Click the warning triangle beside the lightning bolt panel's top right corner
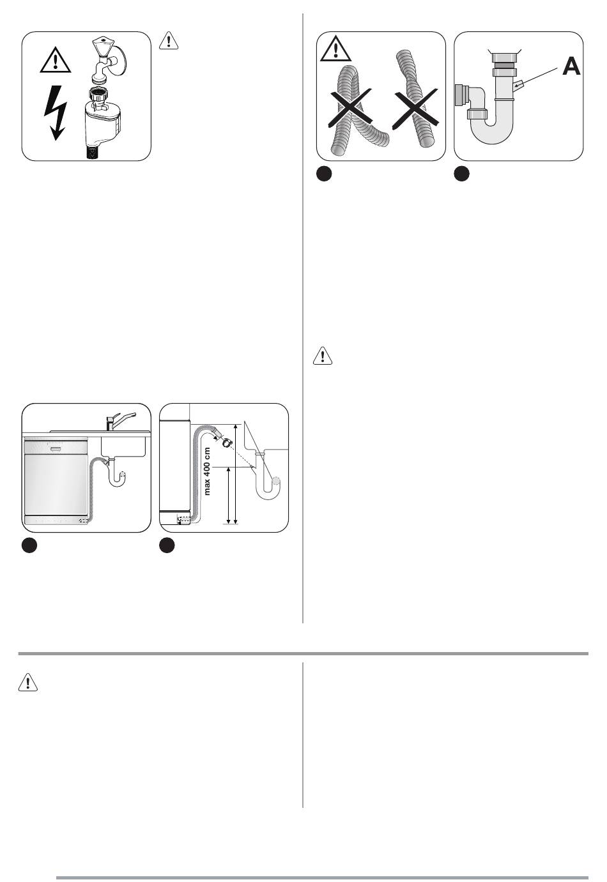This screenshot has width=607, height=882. click(x=169, y=40)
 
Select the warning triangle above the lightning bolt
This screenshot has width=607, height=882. click(x=56, y=60)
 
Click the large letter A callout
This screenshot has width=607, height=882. click(x=571, y=66)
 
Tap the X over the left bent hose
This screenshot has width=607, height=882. click(x=350, y=107)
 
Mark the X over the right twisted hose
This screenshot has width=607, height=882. click(x=415, y=107)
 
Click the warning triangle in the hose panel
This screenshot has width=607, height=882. click(x=335, y=49)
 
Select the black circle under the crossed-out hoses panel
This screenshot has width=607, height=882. click(x=324, y=174)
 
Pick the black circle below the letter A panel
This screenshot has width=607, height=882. click(x=461, y=174)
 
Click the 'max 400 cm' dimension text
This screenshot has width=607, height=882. click(x=208, y=471)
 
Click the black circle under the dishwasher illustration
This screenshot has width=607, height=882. click(x=29, y=546)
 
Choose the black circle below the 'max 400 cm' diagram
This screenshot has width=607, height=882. click(x=167, y=546)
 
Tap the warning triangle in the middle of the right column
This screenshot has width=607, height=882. click(x=323, y=356)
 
